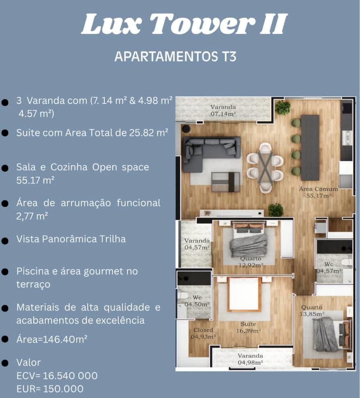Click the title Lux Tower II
coord(184,25)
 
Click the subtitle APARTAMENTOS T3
coord(175,56)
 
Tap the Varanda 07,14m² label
coord(223,111)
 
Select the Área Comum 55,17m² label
coord(319,192)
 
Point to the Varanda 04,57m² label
coord(197,244)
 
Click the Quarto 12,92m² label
coord(251,262)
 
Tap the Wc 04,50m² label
coord(197,301)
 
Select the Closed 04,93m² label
coord(203,333)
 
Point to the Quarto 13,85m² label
coord(312,310)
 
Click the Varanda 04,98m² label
coord(250,359)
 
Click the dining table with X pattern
coord(265,167)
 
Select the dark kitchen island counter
coord(310,147)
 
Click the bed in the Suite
coord(244,294)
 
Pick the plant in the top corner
coord(283,108)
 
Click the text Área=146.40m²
coord(52,340)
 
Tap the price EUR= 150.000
coord(50,389)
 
